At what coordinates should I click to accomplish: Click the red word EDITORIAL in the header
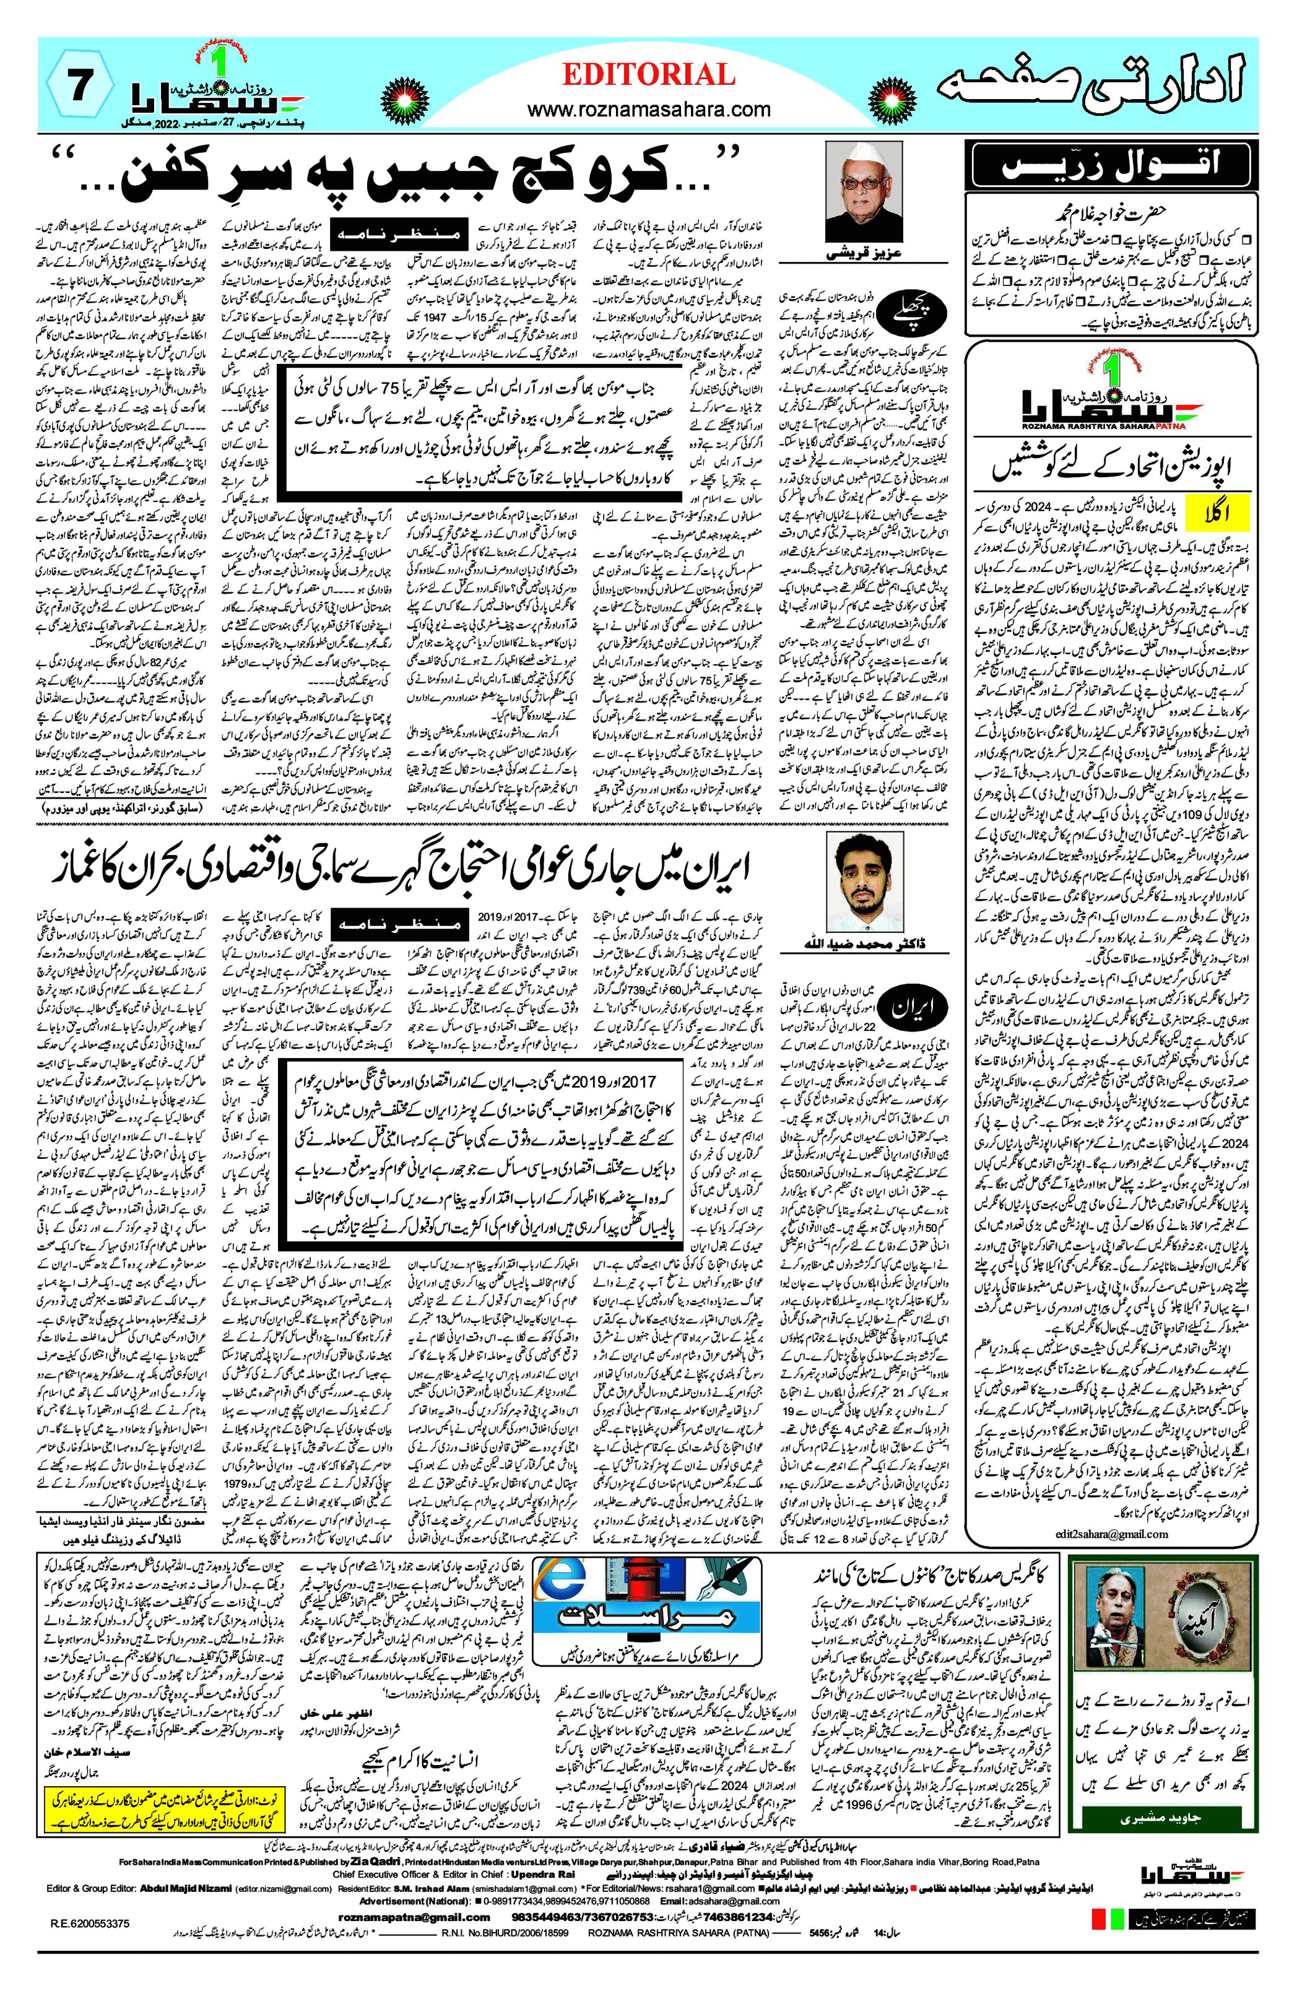(649, 76)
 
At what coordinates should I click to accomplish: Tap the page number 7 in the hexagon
(79, 86)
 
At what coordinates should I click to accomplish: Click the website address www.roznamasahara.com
(649, 109)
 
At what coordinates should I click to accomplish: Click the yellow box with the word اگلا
(1218, 513)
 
